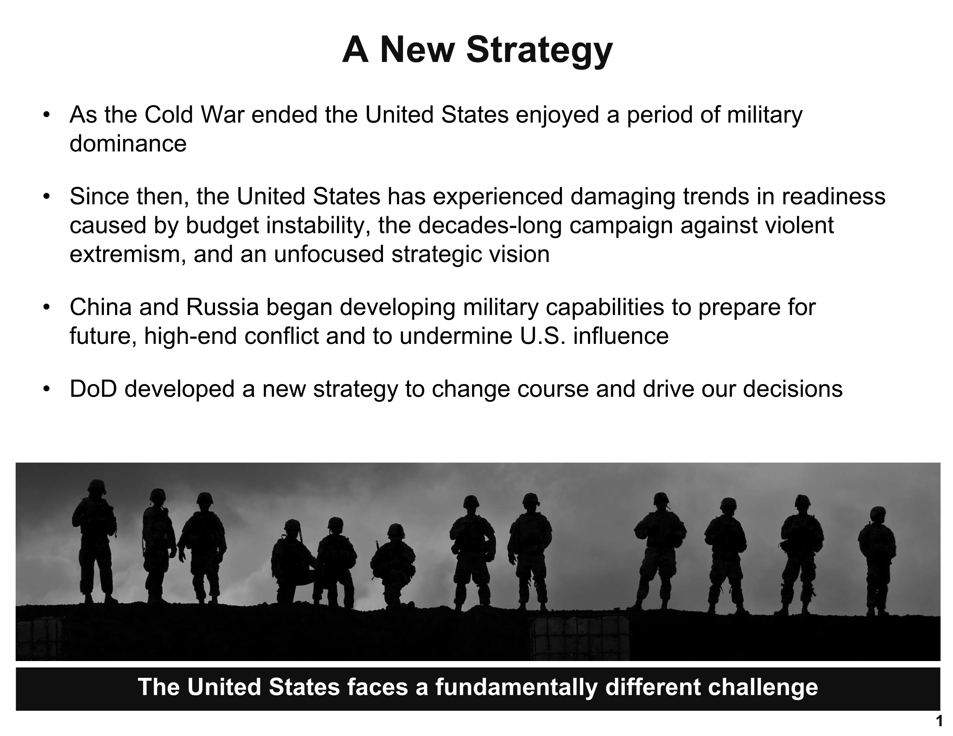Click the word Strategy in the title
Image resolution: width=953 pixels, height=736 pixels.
[539, 51]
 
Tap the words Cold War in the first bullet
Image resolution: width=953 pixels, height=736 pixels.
[194, 115]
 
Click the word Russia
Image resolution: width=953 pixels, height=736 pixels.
[223, 307]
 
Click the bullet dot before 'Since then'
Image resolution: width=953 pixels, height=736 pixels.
[47, 197]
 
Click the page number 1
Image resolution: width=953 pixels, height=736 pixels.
[939, 721]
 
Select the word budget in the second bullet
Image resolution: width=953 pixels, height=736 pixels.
[223, 225]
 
